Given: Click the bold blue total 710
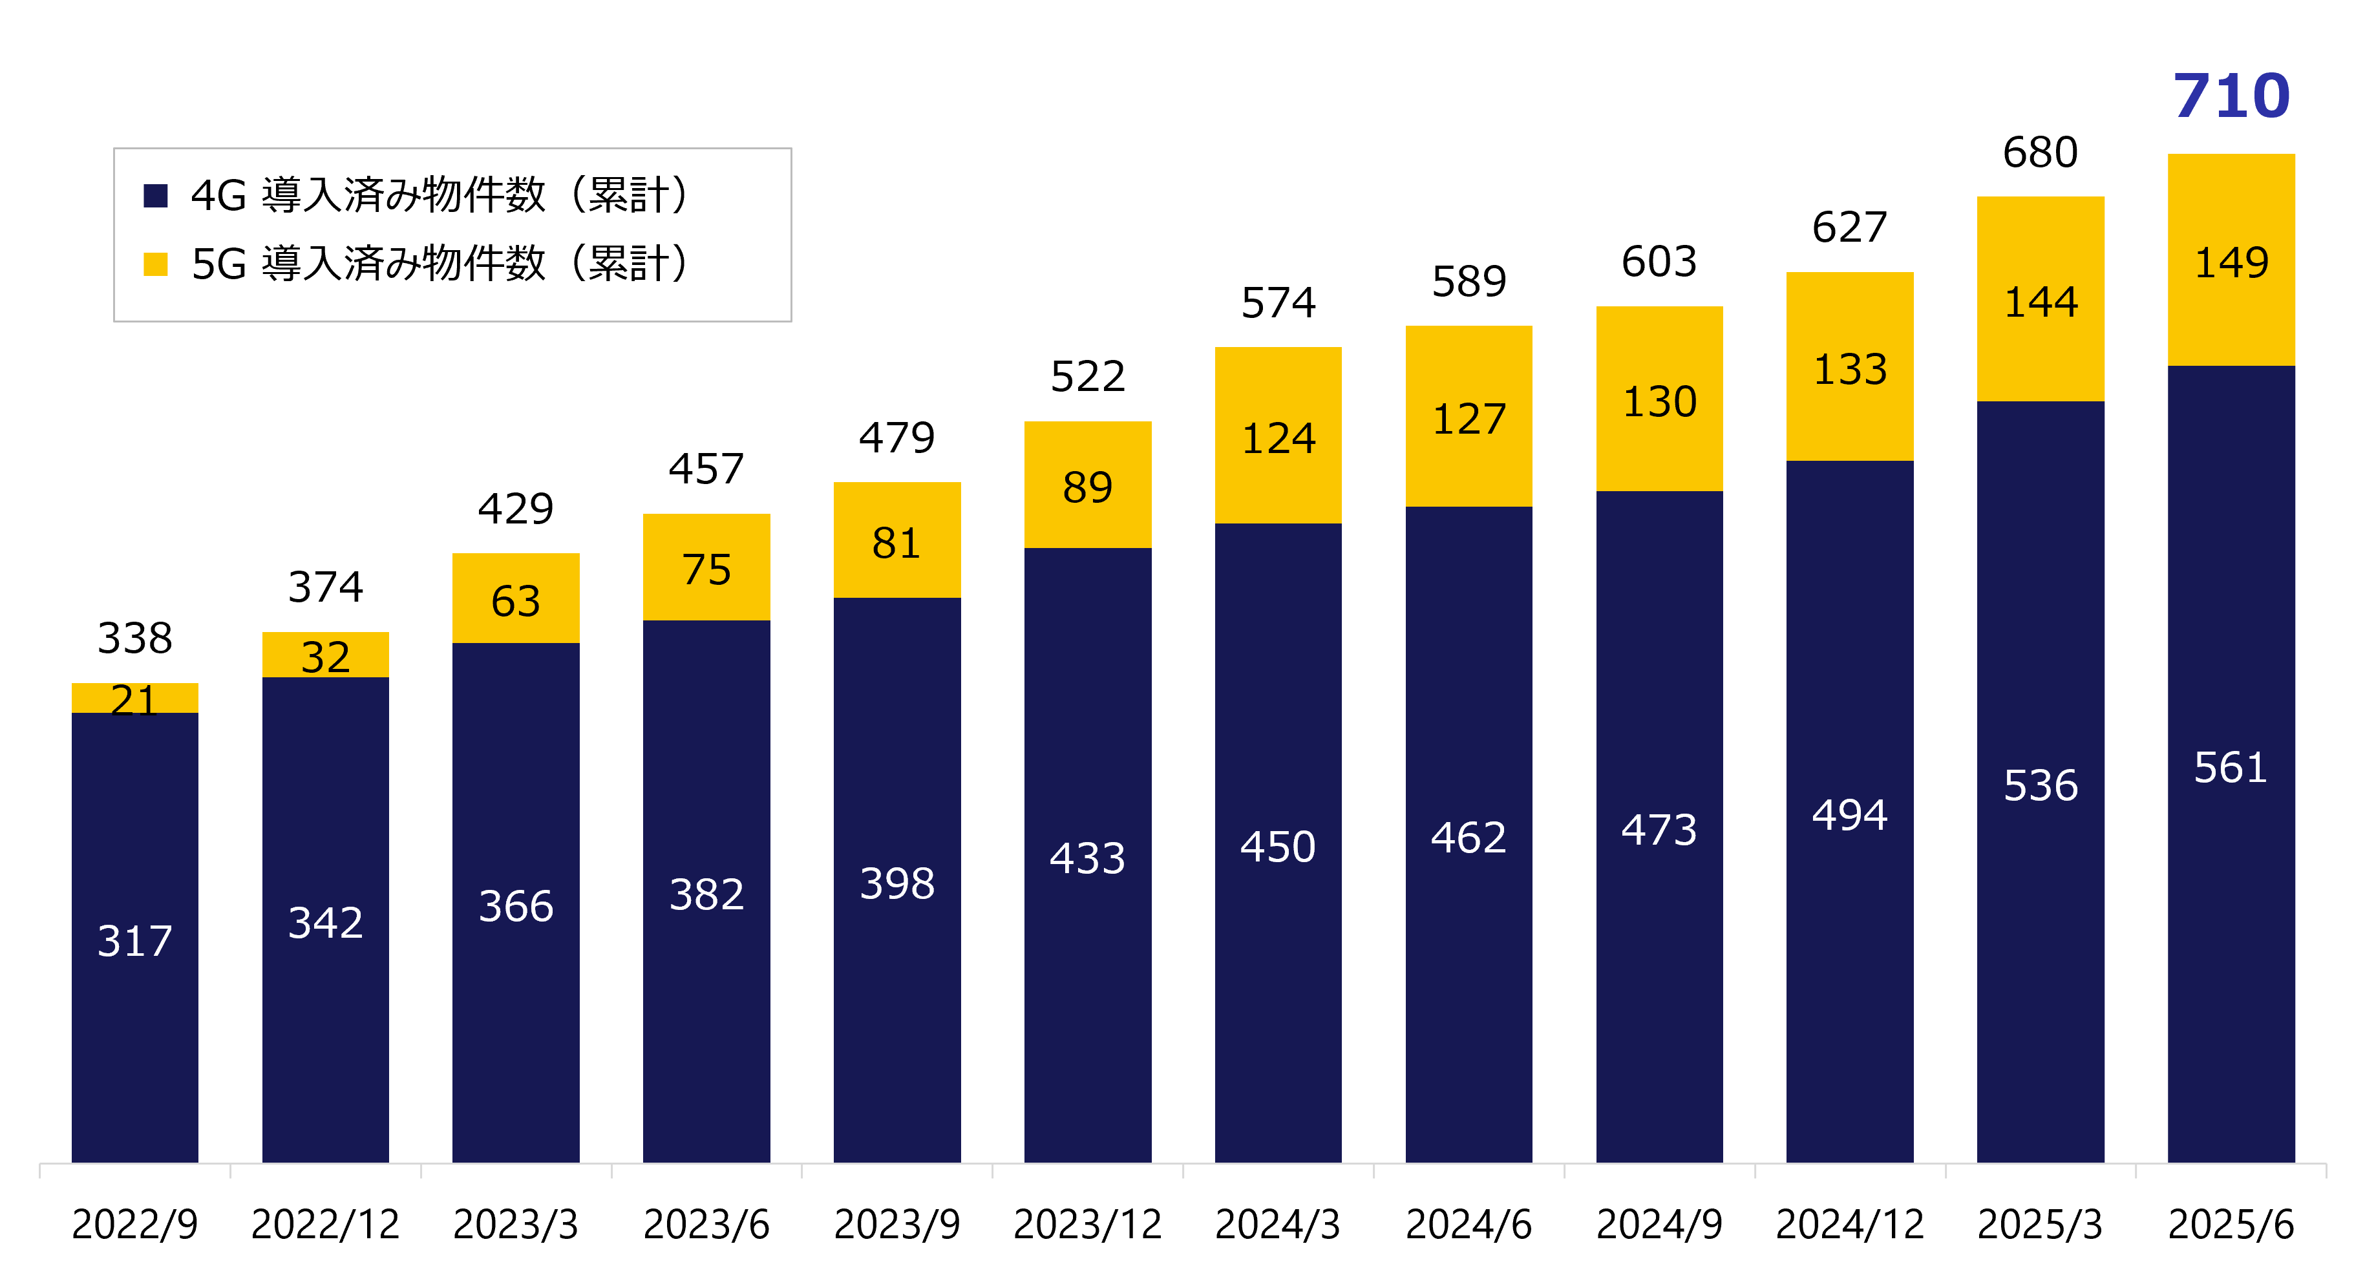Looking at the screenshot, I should [x=2231, y=96].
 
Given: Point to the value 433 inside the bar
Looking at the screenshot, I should [x=1087, y=858].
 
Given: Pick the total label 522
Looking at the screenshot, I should [x=1087, y=376].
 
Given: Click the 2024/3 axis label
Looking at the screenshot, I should [x=1277, y=1224].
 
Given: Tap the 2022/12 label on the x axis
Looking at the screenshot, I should [x=325, y=1224].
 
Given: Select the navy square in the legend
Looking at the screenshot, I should [x=156, y=196].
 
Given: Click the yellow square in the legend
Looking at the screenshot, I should [x=156, y=264].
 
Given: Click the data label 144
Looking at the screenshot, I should [x=2040, y=302].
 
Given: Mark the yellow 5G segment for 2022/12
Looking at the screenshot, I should [x=325, y=655].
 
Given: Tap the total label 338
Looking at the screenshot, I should [x=135, y=638].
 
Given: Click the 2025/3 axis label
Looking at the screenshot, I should [x=2040, y=1224].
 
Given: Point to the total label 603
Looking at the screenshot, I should [x=1659, y=262].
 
